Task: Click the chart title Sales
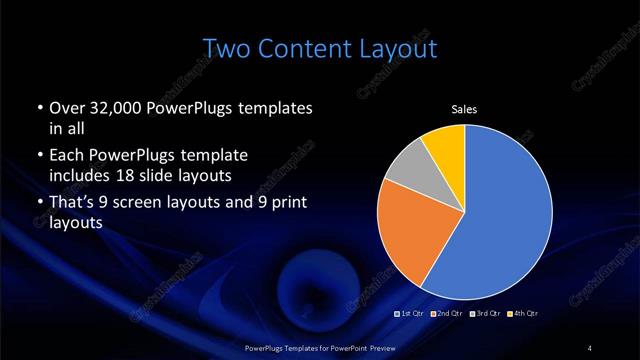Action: (x=463, y=110)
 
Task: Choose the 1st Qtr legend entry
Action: (x=412, y=314)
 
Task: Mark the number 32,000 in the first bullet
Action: (x=110, y=107)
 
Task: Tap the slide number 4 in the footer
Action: (x=590, y=347)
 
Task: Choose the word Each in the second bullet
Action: (x=66, y=158)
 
